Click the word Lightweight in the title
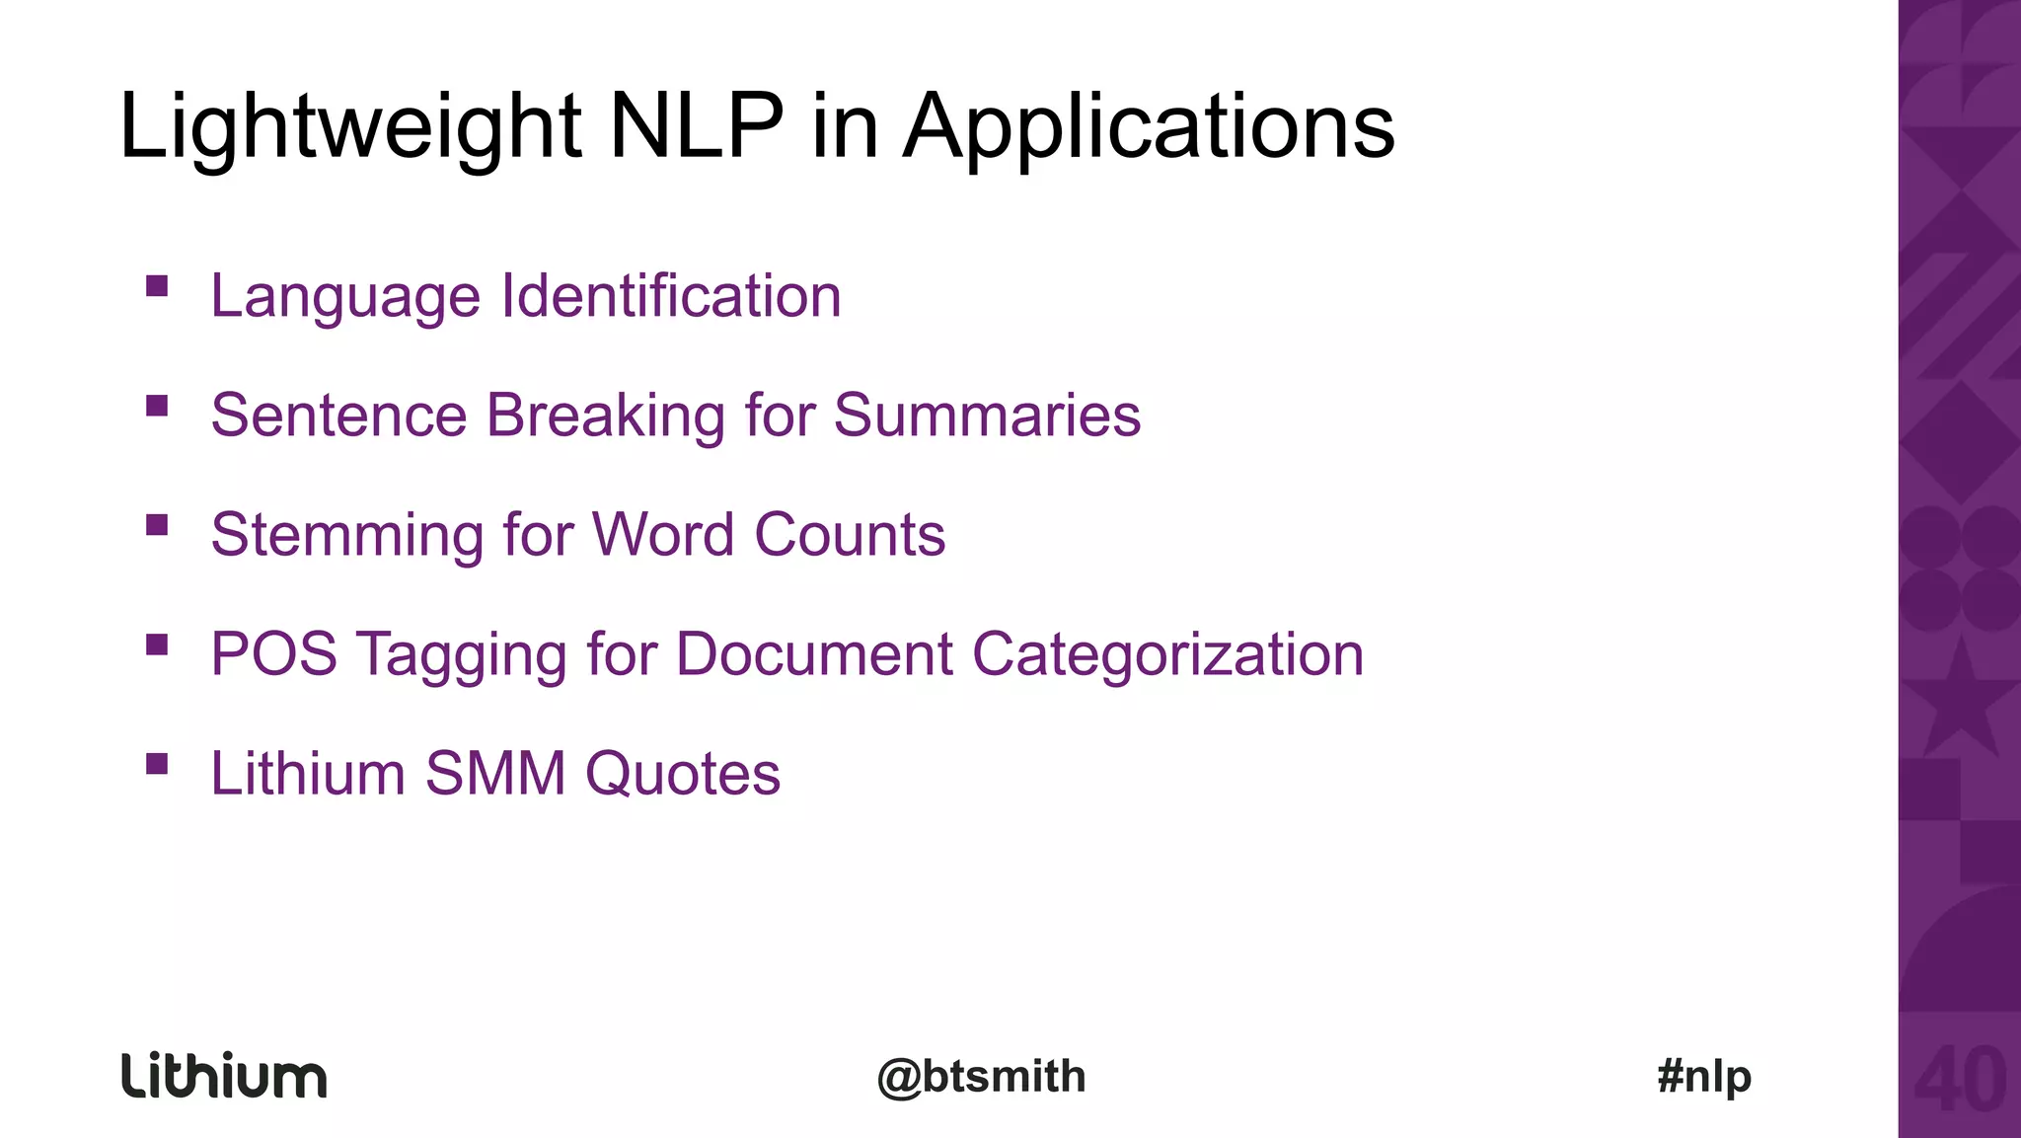click(x=350, y=128)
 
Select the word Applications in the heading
click(x=1149, y=128)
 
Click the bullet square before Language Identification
click(x=157, y=286)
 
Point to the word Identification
click(x=671, y=295)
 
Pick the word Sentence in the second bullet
click(x=338, y=415)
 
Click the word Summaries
click(x=987, y=415)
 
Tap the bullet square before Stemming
click(x=157, y=524)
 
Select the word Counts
click(x=850, y=534)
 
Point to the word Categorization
click(x=1167, y=655)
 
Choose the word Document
click(x=814, y=653)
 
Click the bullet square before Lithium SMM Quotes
click(x=157, y=763)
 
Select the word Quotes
click(x=682, y=773)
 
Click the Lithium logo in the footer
click(x=224, y=1075)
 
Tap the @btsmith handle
click(x=982, y=1076)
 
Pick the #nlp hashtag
click(x=1704, y=1076)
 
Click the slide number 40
click(x=1960, y=1080)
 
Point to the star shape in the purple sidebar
click(x=1960, y=702)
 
